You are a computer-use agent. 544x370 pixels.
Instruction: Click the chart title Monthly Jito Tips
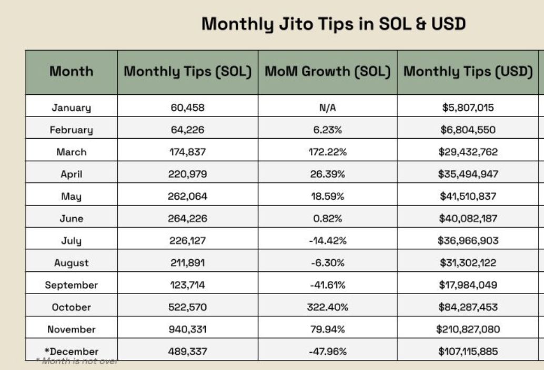click(x=334, y=24)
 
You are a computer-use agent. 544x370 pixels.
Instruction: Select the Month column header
click(x=71, y=71)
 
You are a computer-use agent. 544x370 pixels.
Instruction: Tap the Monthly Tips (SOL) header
click(x=187, y=71)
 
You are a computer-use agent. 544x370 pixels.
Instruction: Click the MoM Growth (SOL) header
click(x=328, y=71)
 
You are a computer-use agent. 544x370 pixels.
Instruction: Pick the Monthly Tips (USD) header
click(x=468, y=71)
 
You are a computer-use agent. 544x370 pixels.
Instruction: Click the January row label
click(x=71, y=108)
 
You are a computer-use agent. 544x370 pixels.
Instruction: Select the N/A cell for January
click(x=328, y=108)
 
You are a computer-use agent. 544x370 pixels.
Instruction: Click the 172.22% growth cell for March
click(x=328, y=152)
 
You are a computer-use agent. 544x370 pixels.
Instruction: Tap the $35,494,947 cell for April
click(x=468, y=174)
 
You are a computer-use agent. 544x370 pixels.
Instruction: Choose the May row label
click(x=71, y=196)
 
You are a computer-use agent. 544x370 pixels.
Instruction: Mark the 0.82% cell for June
click(x=328, y=218)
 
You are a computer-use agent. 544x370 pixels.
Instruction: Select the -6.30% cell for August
click(x=328, y=262)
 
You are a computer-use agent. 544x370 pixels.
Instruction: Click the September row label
click(x=71, y=285)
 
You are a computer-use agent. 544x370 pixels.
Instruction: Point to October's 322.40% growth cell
click(x=328, y=307)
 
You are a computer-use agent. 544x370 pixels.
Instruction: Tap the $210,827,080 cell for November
click(x=468, y=329)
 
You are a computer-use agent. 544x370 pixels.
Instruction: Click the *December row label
click(x=72, y=351)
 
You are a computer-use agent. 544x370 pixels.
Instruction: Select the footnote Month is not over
click(x=77, y=361)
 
